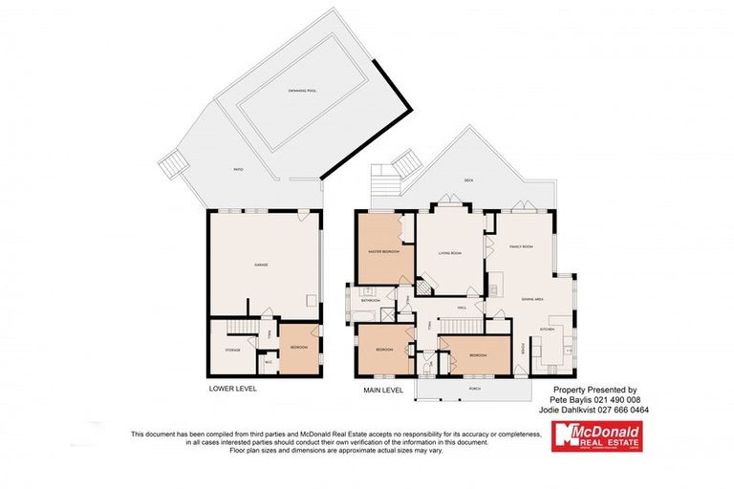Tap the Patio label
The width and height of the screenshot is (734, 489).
pos(237,169)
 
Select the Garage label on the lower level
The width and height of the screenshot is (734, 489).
pos(260,264)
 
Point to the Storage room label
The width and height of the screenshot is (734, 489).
pos(233,350)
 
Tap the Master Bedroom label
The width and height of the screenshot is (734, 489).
pos(383,252)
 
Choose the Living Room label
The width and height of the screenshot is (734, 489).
pos(450,253)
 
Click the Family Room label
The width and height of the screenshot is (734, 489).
pos(520,246)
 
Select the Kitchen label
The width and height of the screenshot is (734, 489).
pos(548,330)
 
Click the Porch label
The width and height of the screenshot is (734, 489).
pos(475,389)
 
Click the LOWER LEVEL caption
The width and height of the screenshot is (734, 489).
pos(233,389)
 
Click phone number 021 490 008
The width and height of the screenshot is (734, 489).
pos(612,400)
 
